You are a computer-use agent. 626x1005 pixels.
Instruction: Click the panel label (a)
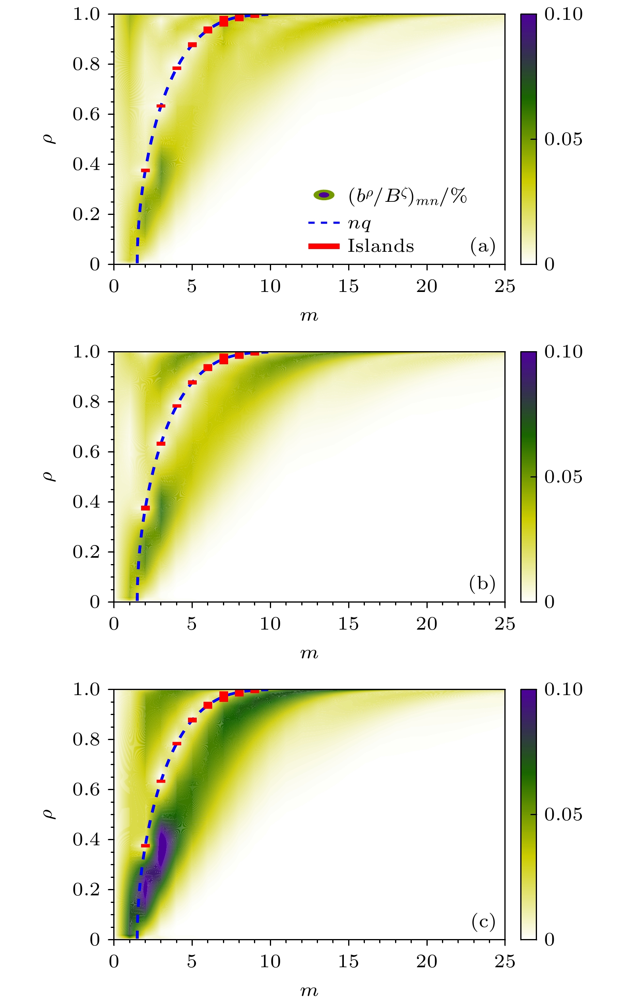[483, 246]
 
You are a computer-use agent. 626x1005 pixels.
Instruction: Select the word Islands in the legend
[380, 246]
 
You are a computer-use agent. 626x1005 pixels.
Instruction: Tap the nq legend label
[359, 223]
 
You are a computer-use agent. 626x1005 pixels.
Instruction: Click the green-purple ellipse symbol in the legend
[324, 195]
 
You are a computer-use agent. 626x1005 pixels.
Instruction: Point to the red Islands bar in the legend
[324, 247]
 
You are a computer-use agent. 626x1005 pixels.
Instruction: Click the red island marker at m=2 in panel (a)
[145, 170]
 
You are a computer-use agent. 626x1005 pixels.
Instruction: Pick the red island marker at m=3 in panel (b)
[161, 444]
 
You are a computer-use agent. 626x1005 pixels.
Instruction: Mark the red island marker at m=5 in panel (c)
[192, 720]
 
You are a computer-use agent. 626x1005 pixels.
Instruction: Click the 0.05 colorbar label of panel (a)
[563, 139]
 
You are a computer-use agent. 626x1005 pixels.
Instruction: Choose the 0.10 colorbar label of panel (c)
[563, 689]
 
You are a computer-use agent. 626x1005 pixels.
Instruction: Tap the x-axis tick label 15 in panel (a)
[348, 286]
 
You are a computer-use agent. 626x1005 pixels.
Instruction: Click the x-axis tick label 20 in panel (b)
[426, 624]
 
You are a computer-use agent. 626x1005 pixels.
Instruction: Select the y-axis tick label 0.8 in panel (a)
[87, 64]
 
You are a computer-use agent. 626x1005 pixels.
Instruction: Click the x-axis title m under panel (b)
[309, 653]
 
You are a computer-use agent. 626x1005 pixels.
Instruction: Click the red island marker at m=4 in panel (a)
[177, 68]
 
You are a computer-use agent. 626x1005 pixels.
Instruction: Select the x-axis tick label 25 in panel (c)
[505, 962]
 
